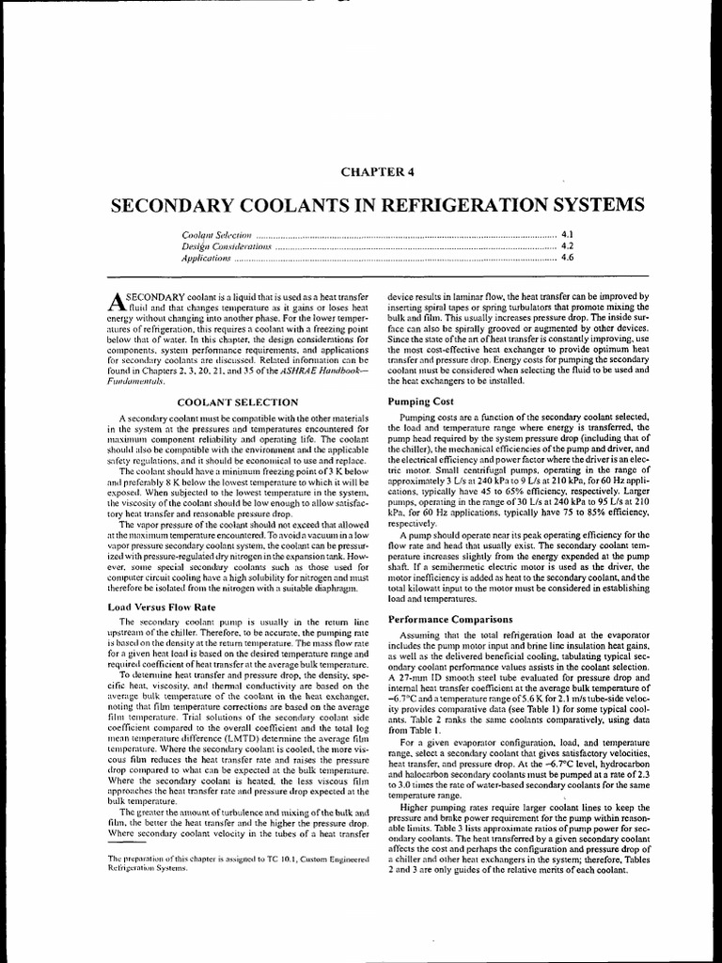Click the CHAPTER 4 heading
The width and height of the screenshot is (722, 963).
click(x=362, y=170)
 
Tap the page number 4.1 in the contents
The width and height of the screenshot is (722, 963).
click(x=567, y=231)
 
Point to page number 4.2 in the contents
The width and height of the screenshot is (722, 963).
click(x=567, y=245)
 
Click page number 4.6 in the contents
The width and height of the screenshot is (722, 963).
click(x=567, y=257)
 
